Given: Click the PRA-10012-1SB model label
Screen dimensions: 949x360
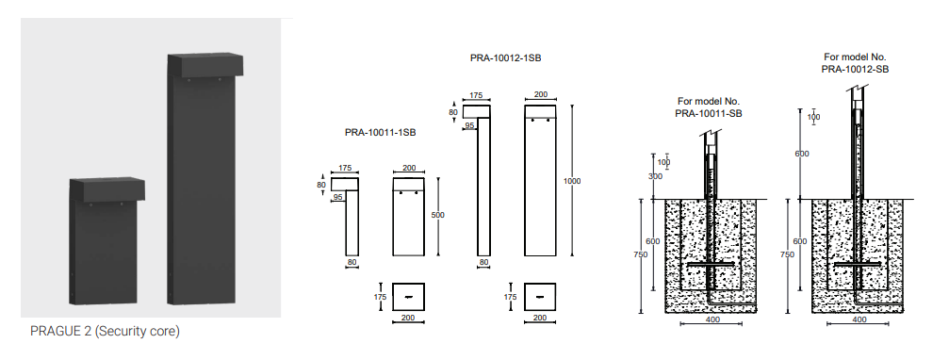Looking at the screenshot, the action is point(505,58).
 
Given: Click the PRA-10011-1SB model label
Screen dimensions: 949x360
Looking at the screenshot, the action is point(380,132).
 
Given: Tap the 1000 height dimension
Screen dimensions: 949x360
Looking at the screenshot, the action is point(572,181).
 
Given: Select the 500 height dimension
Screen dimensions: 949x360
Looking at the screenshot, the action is point(437,215).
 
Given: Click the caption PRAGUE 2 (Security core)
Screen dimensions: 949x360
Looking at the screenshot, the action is point(105,332).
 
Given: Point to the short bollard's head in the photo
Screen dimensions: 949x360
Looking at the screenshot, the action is point(107,189).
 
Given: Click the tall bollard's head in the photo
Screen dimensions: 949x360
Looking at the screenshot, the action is point(205,65).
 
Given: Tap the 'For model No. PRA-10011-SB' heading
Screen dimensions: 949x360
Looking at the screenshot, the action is point(710,107).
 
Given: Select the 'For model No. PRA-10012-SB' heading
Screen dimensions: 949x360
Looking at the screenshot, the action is point(855,63).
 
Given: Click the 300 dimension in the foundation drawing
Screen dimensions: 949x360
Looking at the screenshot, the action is point(655,176).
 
